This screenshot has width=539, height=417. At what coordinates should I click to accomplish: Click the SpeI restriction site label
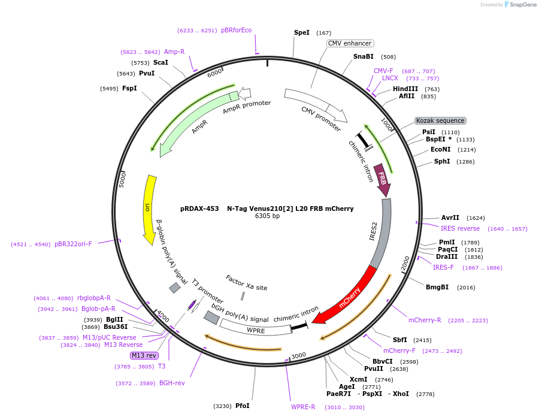tap(302, 32)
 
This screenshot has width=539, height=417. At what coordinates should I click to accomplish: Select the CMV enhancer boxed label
tap(350, 43)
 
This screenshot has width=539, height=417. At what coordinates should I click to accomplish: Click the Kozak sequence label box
tap(440, 120)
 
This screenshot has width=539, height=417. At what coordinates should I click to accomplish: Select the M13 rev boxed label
tap(144, 355)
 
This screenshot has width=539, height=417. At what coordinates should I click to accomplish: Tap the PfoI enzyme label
tap(243, 406)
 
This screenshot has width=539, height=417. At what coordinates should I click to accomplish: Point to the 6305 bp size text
tap(267, 216)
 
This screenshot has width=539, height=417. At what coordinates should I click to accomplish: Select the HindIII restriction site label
tap(405, 89)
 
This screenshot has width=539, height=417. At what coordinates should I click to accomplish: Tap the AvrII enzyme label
tap(450, 218)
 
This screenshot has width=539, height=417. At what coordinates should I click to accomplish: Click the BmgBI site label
tap(437, 287)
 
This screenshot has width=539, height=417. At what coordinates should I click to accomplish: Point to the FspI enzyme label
tap(129, 88)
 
